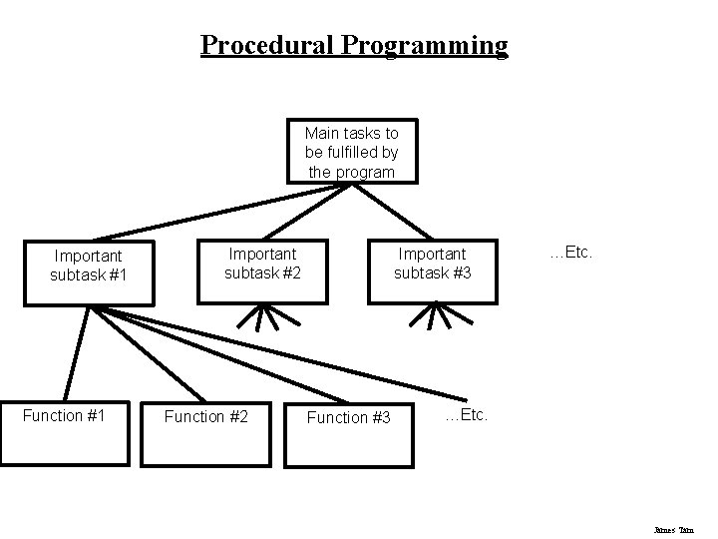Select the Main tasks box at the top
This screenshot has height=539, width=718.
(351, 152)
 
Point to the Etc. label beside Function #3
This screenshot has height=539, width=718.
(466, 414)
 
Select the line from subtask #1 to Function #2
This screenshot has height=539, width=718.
(150, 354)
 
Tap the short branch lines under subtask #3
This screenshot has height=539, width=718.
(433, 316)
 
